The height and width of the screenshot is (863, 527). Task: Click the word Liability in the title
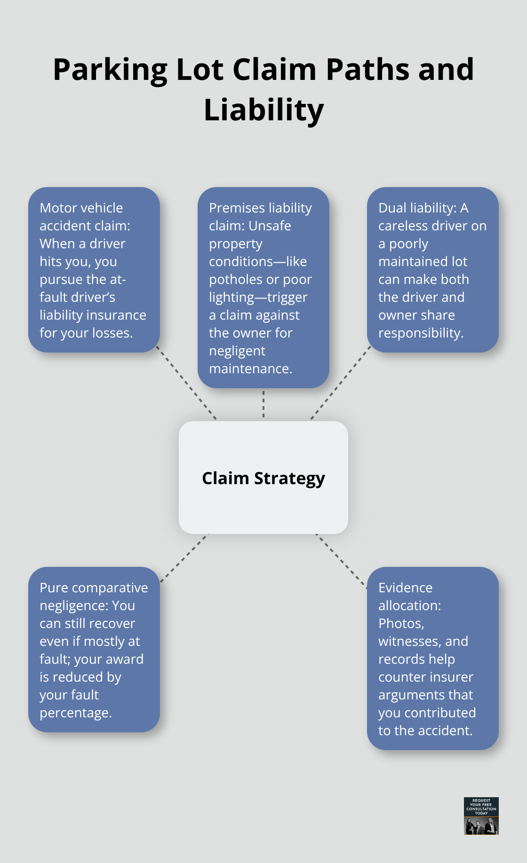point(263,110)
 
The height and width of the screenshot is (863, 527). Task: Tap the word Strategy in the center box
point(289,479)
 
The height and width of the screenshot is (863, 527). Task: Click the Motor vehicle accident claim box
point(94,270)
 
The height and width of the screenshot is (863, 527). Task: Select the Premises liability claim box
point(263,288)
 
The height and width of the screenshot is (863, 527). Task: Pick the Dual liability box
point(432,270)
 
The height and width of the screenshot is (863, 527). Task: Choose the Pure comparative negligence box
point(94,650)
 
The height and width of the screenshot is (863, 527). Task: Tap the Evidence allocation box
point(432,658)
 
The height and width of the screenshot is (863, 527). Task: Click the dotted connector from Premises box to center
point(263,404)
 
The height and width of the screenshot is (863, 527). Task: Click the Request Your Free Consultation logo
point(481,816)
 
